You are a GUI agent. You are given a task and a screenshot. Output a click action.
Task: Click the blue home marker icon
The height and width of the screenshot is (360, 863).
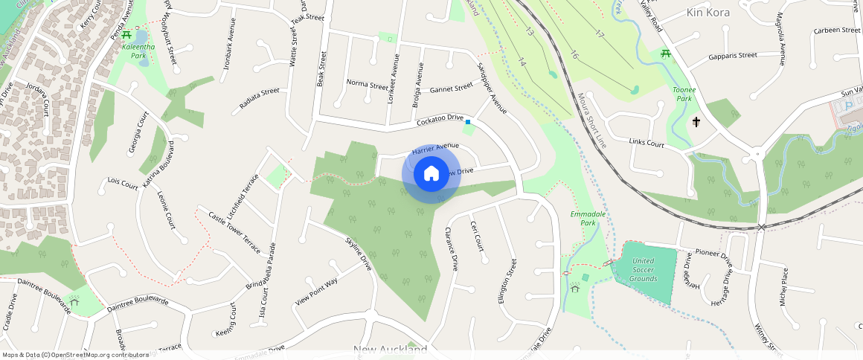tap(431, 174)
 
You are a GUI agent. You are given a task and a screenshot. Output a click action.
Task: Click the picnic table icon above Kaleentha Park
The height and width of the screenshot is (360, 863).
tap(127, 34)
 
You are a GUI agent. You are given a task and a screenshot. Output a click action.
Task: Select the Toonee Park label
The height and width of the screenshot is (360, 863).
tap(683, 94)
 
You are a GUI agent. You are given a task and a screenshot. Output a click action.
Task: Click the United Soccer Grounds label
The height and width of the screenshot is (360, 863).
tap(644, 269)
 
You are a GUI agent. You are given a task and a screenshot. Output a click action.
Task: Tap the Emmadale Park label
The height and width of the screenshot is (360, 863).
tap(588, 219)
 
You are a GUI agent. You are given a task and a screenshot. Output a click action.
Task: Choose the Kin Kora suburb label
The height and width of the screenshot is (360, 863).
tap(708, 13)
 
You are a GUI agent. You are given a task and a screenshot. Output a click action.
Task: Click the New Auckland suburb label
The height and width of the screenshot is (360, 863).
tap(390, 350)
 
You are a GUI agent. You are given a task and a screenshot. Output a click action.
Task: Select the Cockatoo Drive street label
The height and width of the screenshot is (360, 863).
tap(440, 120)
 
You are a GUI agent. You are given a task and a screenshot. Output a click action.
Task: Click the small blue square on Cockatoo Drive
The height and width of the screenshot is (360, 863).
tap(468, 121)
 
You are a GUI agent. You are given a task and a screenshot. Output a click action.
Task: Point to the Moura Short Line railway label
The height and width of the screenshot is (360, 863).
tap(592, 120)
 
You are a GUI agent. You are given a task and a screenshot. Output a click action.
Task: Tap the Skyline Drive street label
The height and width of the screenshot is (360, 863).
tap(359, 253)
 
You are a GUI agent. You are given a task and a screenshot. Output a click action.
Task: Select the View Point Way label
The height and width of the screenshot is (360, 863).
tap(316, 292)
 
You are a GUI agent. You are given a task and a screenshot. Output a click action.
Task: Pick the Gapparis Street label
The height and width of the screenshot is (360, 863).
tap(733, 56)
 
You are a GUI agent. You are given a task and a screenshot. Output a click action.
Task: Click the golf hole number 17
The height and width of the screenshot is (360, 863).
tap(600, 34)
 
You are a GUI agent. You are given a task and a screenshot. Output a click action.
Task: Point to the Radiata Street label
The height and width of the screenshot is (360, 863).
tap(259, 99)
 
